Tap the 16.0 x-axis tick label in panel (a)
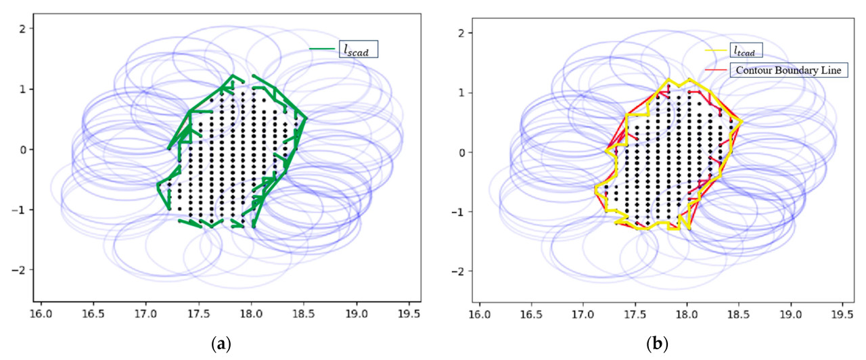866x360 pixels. click(42, 314)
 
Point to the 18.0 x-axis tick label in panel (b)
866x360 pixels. click(687, 315)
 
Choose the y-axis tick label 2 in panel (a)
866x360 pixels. click(22, 28)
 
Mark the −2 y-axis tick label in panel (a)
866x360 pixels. click(19, 270)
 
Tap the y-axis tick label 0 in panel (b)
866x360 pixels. click(460, 152)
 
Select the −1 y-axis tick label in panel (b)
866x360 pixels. click(457, 212)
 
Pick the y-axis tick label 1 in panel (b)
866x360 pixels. click(460, 92)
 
